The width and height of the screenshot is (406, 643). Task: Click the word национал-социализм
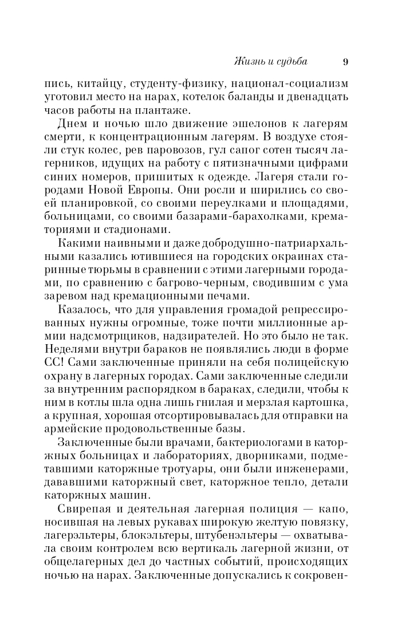pyautogui.click(x=289, y=84)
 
